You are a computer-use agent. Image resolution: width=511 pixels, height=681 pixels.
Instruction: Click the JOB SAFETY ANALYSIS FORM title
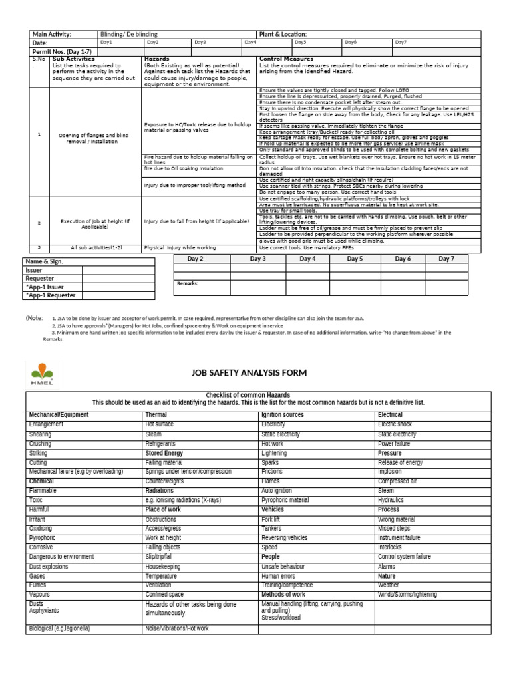click(x=250, y=373)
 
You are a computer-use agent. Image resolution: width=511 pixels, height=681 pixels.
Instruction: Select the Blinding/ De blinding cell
click(x=129, y=34)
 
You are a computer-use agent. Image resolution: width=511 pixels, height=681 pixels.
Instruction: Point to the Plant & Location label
click(x=283, y=34)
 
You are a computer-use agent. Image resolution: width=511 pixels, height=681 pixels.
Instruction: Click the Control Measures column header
click(x=286, y=59)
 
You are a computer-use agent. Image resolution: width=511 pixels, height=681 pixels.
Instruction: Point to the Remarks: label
click(x=188, y=283)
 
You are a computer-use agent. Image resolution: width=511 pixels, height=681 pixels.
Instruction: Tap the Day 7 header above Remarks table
click(x=446, y=259)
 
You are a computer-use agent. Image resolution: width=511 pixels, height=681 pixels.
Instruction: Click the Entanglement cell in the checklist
click(x=46, y=424)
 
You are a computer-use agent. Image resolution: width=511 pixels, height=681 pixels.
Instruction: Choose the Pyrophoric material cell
click(x=285, y=500)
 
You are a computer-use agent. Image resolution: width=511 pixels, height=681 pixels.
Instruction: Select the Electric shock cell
click(x=395, y=424)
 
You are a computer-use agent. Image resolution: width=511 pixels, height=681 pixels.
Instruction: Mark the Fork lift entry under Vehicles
click(x=271, y=519)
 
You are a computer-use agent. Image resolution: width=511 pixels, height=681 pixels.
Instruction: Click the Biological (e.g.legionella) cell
click(x=59, y=628)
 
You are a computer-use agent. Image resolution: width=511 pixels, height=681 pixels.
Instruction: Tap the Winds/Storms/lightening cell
click(x=407, y=594)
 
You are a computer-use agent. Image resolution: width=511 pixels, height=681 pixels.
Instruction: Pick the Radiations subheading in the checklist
click(x=159, y=491)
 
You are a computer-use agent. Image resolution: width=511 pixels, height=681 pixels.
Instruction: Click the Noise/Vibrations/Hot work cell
click(x=176, y=628)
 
